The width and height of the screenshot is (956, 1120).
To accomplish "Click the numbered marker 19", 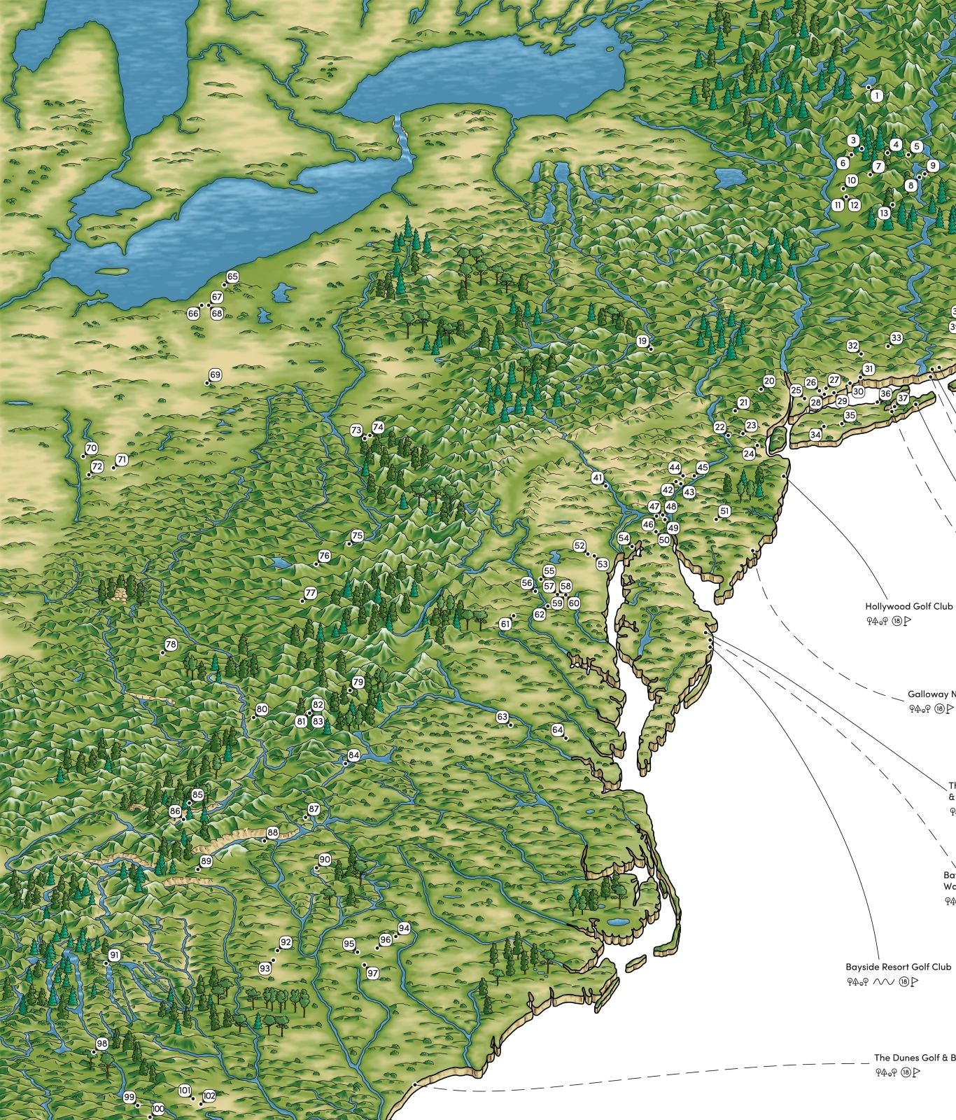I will click(642, 341).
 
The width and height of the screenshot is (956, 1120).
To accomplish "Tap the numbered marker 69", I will click(215, 375).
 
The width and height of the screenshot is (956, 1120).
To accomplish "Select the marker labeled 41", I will click(597, 478).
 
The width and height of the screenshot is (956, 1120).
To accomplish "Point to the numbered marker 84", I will click(353, 755).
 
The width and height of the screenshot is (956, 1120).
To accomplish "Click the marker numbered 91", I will click(114, 955).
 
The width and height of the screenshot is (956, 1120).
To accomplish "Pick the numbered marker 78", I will click(171, 644).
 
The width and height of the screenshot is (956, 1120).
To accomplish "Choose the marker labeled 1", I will click(878, 95).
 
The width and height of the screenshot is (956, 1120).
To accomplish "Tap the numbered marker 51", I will click(724, 511).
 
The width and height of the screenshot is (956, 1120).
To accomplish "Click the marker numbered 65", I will click(232, 277).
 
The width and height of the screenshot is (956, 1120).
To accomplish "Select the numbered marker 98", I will click(102, 1044).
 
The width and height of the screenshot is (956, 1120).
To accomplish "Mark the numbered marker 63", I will click(502, 717).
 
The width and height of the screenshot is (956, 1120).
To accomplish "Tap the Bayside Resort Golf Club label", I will click(899, 967).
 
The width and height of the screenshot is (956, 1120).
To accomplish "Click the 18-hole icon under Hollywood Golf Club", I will click(897, 621).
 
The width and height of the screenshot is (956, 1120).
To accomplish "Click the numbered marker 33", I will click(896, 339).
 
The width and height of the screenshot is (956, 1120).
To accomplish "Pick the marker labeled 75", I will click(357, 536).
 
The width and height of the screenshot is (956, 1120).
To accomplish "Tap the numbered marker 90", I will click(325, 860).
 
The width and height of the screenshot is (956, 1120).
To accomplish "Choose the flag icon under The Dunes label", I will click(917, 1072).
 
